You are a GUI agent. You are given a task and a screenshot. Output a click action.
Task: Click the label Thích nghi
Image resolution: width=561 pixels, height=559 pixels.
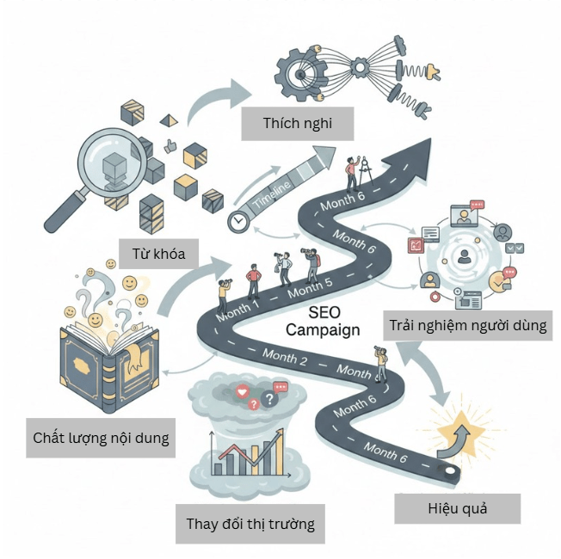[298, 123]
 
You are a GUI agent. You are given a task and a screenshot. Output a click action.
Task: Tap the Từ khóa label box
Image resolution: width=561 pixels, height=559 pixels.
[159, 254]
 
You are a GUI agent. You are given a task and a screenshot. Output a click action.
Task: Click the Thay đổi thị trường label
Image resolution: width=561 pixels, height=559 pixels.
[250, 522]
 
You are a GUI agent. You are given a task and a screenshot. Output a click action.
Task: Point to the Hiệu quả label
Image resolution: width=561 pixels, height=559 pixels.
[457, 508]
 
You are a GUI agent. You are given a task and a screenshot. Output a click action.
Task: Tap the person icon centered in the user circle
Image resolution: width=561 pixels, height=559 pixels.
[465, 255]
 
